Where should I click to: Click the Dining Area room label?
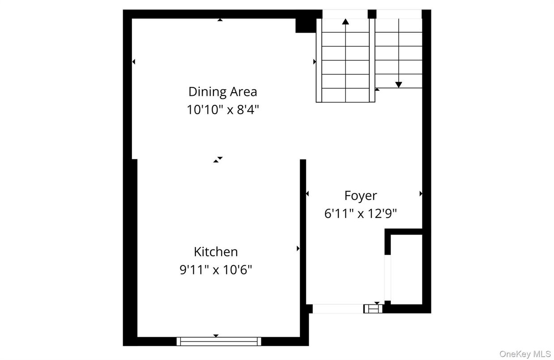click(222, 92)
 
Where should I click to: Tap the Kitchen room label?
click(215, 252)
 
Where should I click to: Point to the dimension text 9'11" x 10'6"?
click(215, 270)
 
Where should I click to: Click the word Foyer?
click(360, 196)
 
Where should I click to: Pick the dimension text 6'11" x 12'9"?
click(360, 214)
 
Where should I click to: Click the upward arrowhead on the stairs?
click(345, 21)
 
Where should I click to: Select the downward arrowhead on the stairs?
click(398, 85)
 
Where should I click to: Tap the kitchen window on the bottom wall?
click(219, 342)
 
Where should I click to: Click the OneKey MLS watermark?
click(524, 354)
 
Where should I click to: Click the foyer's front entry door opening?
click(338, 309)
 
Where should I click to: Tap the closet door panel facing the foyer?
click(388, 278)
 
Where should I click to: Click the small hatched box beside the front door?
click(373, 309)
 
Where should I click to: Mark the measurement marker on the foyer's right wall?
click(421, 194)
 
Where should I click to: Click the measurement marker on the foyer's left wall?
click(307, 194)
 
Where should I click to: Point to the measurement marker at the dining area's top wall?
click(219, 20)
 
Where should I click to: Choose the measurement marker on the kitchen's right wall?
click(298, 249)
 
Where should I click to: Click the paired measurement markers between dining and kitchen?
click(218, 159)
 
